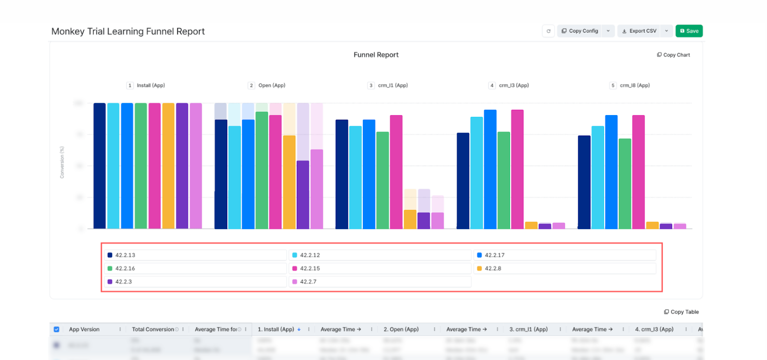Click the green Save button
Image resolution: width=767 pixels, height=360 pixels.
click(x=689, y=31)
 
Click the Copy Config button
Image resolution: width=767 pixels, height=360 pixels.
click(x=580, y=31)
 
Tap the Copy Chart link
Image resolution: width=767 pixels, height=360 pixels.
click(x=674, y=55)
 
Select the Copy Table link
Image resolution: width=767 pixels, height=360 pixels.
click(x=681, y=312)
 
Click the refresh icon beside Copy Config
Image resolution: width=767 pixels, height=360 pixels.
click(x=548, y=31)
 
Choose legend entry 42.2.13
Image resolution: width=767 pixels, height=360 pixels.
click(x=125, y=255)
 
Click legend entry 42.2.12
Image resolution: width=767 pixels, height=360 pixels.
click(x=310, y=255)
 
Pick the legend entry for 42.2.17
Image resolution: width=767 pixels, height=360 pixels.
click(x=494, y=255)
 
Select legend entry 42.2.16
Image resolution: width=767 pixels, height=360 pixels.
click(x=125, y=268)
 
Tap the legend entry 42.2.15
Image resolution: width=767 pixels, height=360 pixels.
click(x=310, y=268)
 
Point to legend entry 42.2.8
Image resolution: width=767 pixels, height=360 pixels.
click(x=493, y=268)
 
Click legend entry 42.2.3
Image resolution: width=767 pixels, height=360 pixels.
click(x=123, y=282)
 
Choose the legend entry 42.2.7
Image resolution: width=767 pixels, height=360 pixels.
click(x=308, y=282)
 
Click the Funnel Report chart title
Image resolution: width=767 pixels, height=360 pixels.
click(x=376, y=55)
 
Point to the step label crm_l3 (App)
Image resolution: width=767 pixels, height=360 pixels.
click(x=513, y=85)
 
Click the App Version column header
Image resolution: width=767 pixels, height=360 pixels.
click(x=84, y=329)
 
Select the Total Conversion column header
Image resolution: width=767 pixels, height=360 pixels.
click(x=153, y=329)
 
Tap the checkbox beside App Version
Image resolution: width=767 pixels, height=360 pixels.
click(x=57, y=329)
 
